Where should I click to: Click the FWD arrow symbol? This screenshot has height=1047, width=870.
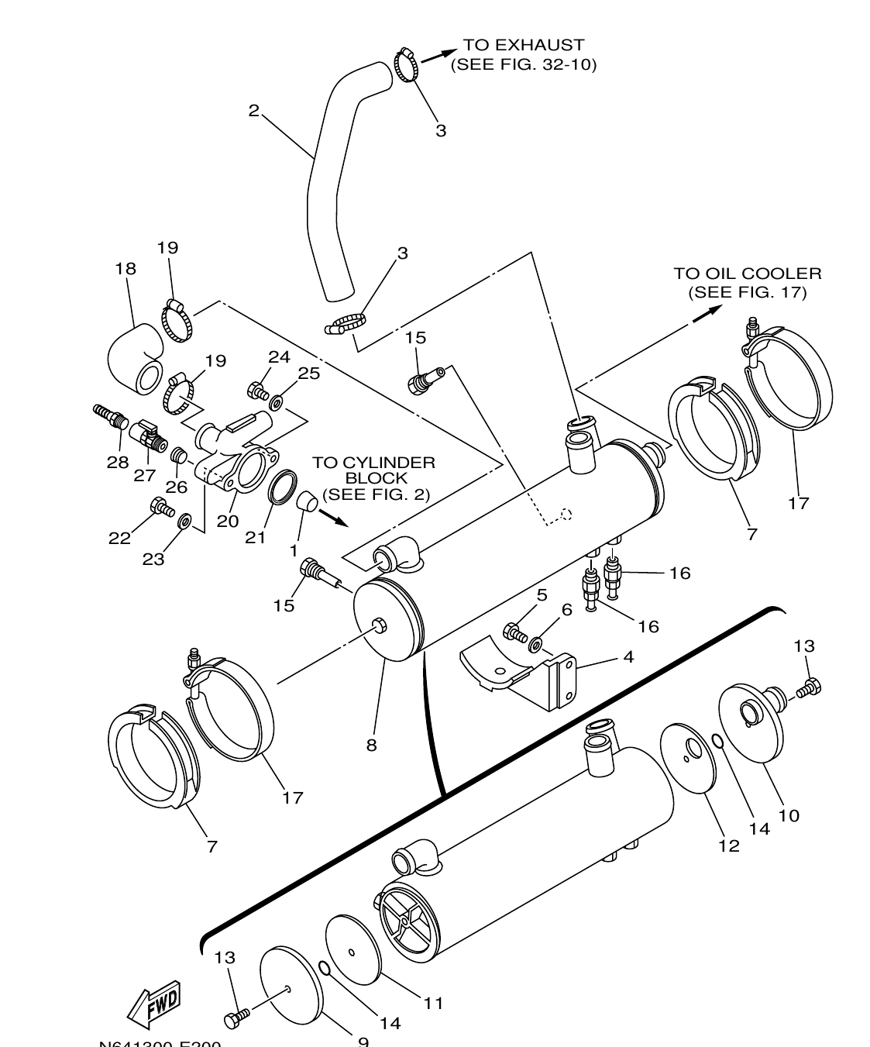pos(155,1005)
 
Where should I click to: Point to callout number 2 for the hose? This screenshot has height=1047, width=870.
pos(253,111)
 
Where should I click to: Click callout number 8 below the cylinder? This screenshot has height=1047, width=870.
pos(372,745)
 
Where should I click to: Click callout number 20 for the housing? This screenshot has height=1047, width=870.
pos(227,521)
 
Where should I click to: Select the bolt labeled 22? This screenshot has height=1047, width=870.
pos(162,507)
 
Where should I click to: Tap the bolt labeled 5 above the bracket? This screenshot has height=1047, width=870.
pos(514,632)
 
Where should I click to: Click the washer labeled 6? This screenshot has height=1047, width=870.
pos(536,643)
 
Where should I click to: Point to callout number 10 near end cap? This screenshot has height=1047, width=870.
pos(789,815)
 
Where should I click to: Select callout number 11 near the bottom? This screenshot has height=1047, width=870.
pos(433,1003)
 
